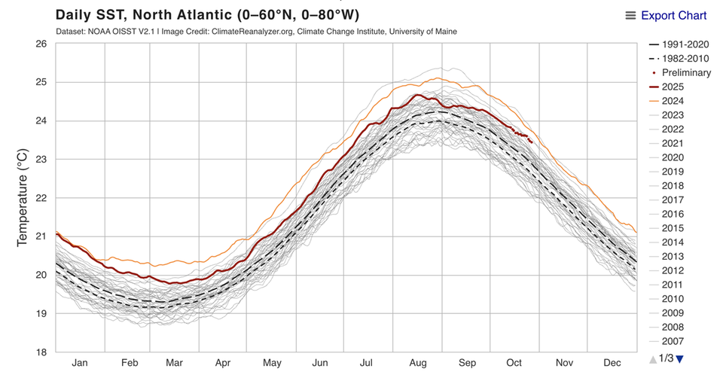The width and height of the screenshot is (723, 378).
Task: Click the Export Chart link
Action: (673, 16)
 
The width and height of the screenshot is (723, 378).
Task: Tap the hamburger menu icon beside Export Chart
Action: (631, 16)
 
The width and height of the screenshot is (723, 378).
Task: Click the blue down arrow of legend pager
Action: (680, 359)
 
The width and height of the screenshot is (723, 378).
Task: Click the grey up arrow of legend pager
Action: (653, 359)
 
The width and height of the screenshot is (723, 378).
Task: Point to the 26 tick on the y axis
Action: (41, 44)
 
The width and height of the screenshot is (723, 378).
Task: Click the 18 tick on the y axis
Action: (41, 352)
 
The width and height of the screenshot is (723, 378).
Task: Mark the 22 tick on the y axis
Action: (41, 198)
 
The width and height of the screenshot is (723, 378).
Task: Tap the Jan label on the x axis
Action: (80, 363)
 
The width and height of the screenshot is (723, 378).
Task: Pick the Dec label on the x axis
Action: (612, 363)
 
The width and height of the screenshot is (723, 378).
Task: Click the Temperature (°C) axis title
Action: (22, 198)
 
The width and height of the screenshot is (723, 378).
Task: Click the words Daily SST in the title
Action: (92, 15)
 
